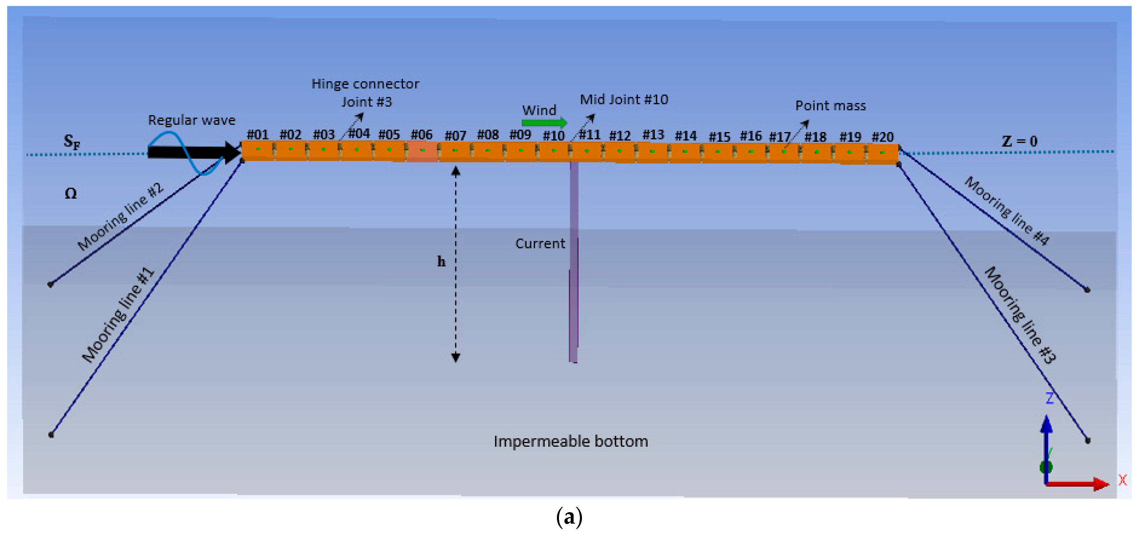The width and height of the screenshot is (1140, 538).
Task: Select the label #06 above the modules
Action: [x=421, y=134]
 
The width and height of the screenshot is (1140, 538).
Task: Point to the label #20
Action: [x=882, y=137]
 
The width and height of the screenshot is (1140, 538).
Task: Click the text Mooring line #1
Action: [x=118, y=315]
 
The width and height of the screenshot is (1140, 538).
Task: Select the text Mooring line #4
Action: [x=1006, y=211]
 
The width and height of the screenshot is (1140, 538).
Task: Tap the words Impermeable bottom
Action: [x=570, y=441]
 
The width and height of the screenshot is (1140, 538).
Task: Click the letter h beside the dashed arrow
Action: [x=441, y=262]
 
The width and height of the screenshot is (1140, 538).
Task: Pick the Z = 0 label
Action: [x=1019, y=141]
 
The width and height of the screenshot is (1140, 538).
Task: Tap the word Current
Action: [x=540, y=244]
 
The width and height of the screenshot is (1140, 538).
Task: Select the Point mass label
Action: [x=830, y=106]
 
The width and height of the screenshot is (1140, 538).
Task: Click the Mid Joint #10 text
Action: [x=624, y=100]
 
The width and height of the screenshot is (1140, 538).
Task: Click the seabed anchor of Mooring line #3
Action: [x=1087, y=441]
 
